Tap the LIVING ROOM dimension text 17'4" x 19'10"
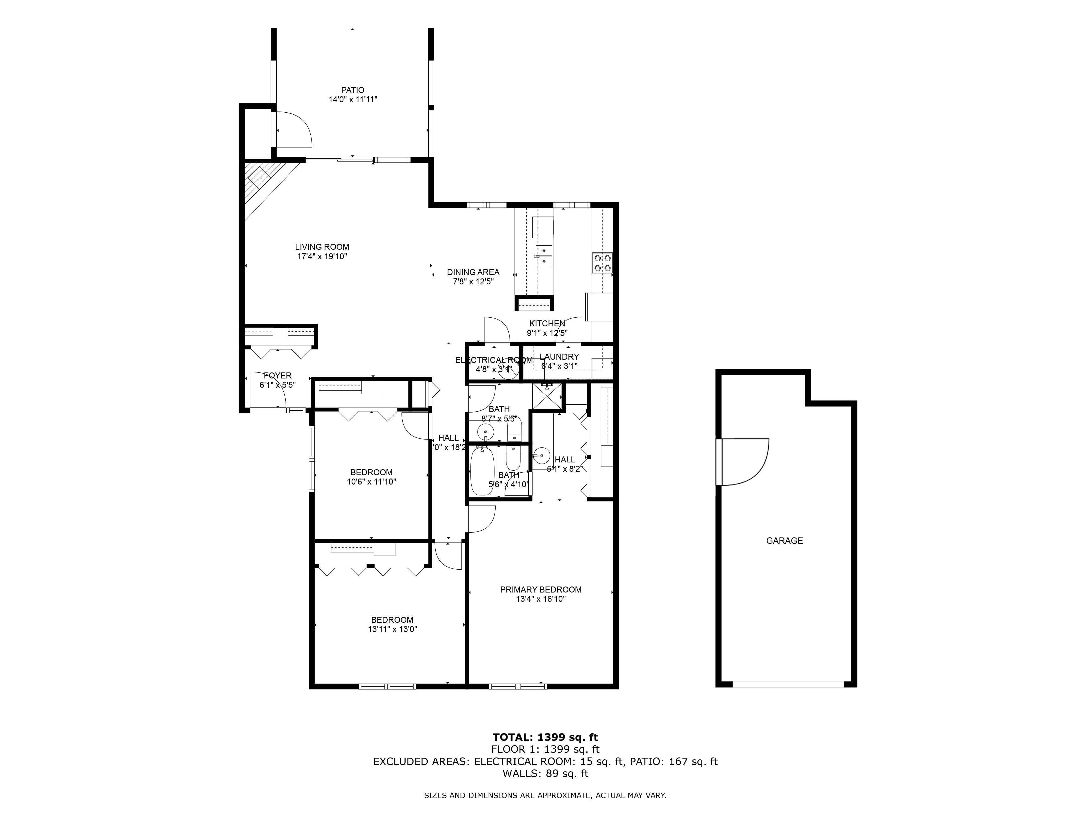coord(322,256)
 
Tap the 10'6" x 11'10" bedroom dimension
coord(371,482)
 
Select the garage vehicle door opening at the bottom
coord(788,684)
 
